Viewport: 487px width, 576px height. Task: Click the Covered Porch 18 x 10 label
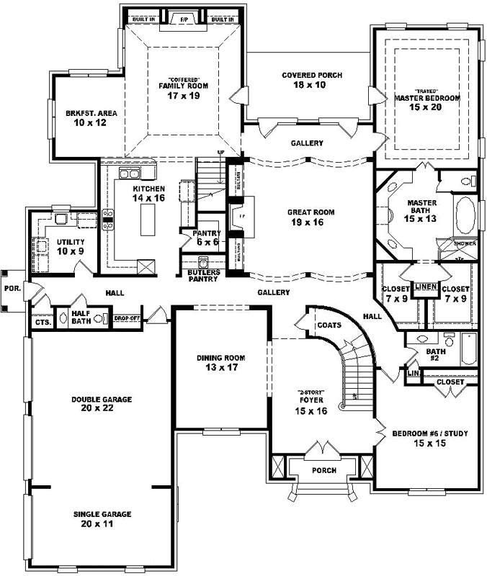(x=312, y=80)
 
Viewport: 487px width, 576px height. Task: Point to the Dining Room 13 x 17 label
(x=221, y=362)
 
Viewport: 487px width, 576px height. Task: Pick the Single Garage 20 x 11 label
(x=101, y=519)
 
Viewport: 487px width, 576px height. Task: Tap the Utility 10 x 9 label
(x=71, y=246)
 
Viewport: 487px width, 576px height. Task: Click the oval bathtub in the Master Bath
(x=465, y=214)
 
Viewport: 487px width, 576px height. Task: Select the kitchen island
(x=150, y=220)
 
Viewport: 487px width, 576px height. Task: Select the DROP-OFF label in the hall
(x=126, y=317)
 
